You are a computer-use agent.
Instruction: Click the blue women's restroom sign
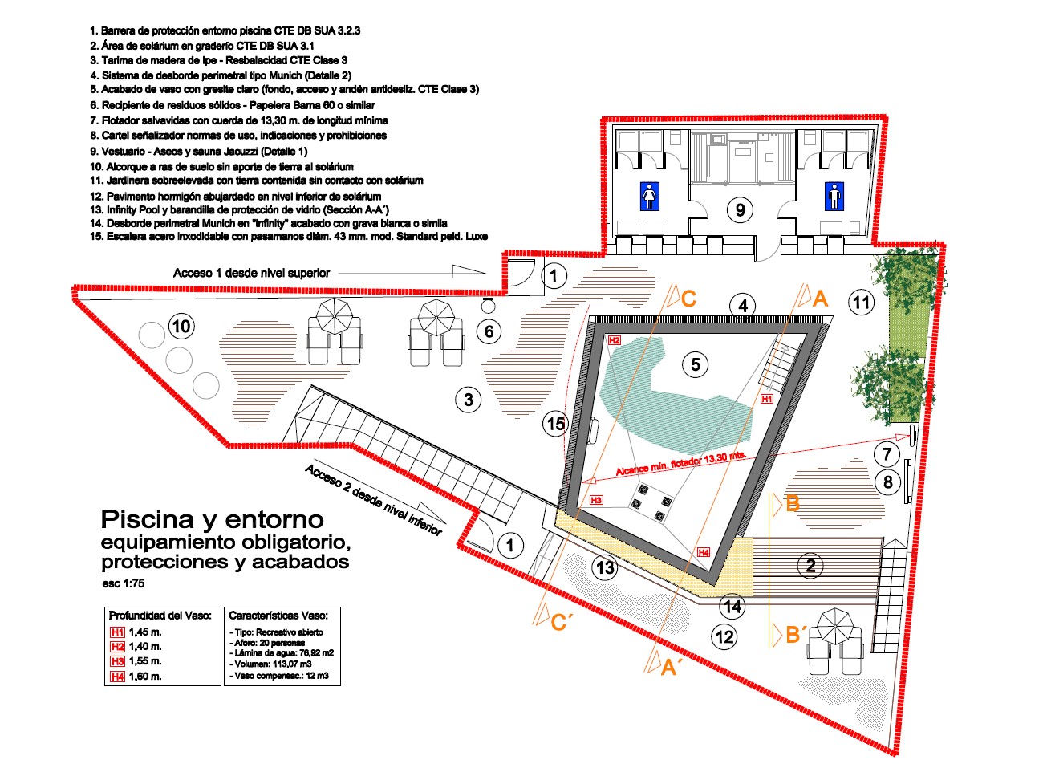[649, 197]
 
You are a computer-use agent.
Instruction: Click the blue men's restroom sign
[835, 197]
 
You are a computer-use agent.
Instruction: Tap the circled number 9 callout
[740, 210]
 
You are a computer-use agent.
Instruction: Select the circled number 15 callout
[555, 424]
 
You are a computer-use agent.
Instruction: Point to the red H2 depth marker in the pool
[615, 340]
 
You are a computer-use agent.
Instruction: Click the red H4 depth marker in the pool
[704, 552]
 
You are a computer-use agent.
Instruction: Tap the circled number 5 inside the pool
[696, 364]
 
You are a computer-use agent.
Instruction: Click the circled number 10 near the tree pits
[181, 326]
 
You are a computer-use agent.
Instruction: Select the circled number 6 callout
[489, 331]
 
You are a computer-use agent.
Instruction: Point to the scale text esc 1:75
[124, 583]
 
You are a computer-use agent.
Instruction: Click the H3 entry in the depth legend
[136, 661]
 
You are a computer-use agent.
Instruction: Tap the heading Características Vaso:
[278, 616]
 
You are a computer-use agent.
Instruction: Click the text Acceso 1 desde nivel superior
[251, 273]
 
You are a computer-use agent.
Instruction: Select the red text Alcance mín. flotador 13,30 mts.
[680, 463]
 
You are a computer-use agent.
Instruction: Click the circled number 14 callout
[732, 606]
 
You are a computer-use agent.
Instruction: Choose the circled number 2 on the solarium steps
[810, 566]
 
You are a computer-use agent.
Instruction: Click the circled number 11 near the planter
[861, 303]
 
